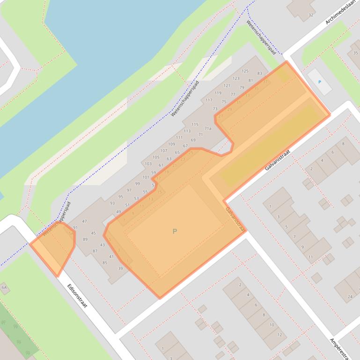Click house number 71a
click(x=207, y=129)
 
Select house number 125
click(x=245, y=71)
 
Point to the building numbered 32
click(x=310, y=15)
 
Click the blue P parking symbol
click(x=320, y=82)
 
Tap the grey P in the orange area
click(x=175, y=231)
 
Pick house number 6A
click(x=5, y=287)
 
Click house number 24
click(x=350, y=296)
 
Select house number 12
click(x=279, y=334)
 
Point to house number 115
click(x=195, y=124)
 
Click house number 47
click(x=84, y=221)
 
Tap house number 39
click(x=120, y=268)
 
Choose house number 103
click(x=148, y=164)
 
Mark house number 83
click(x=260, y=73)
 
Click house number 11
click(x=310, y=257)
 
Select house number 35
click(x=355, y=53)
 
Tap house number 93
click(x=112, y=203)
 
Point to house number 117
click(x=209, y=100)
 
